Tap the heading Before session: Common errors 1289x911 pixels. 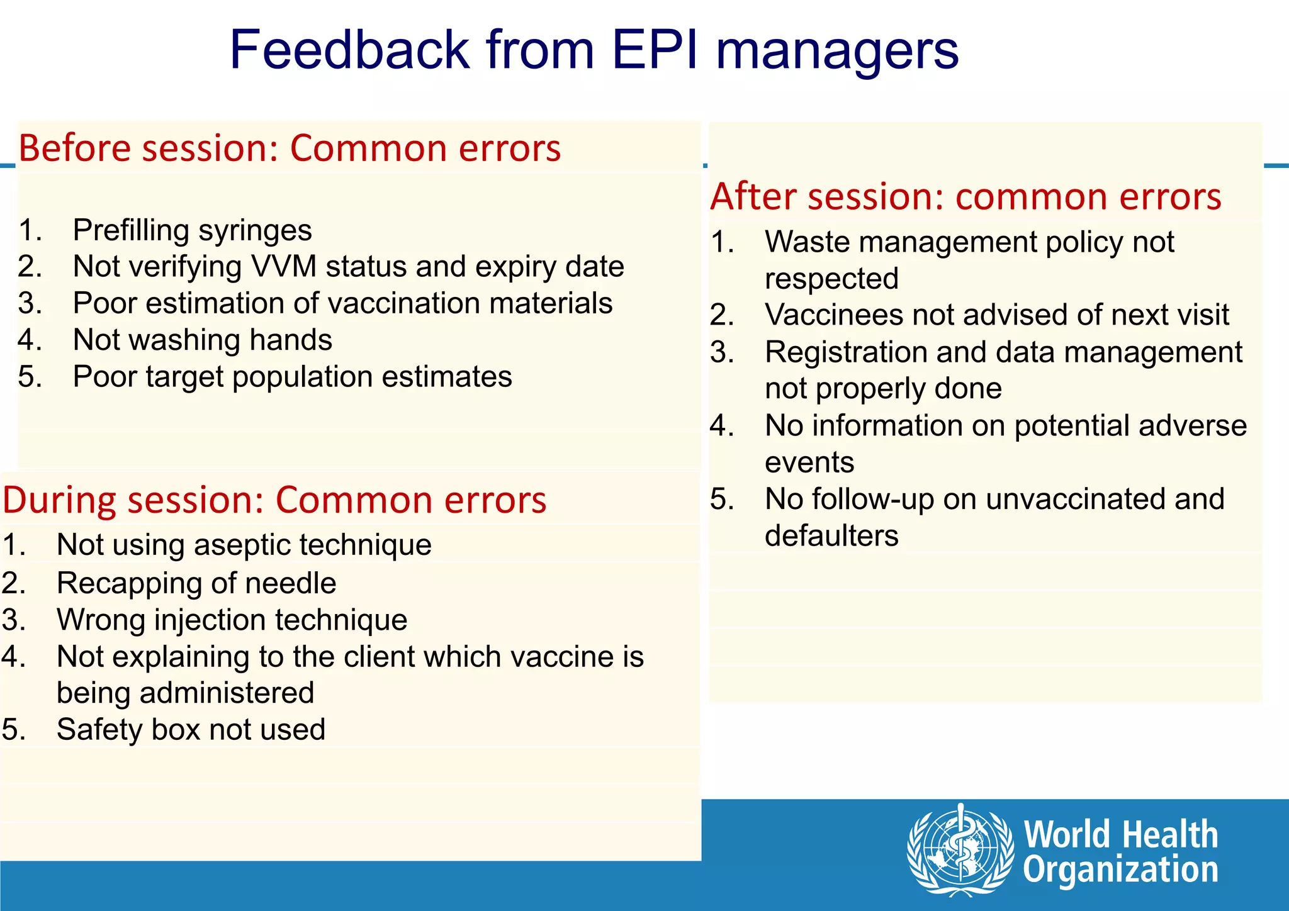pyautogui.click(x=290, y=148)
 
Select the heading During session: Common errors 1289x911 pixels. pyautogui.click(x=274, y=500)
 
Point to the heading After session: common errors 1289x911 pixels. pyautogui.click(x=965, y=197)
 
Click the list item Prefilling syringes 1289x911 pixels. pyautogui.click(x=192, y=230)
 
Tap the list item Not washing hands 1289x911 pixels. pyautogui.click(x=202, y=340)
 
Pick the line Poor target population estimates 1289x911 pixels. pyautogui.click(x=292, y=377)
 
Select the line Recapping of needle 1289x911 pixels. pyautogui.click(x=196, y=583)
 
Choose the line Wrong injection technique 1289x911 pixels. pyautogui.click(x=232, y=620)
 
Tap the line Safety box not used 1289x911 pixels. pyautogui.click(x=191, y=730)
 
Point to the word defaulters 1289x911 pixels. pyautogui.click(x=831, y=536)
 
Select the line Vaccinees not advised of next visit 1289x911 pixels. pyautogui.click(x=996, y=315)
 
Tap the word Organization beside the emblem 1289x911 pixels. pyautogui.click(x=1120, y=870)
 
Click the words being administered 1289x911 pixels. pyautogui.click(x=185, y=693)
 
